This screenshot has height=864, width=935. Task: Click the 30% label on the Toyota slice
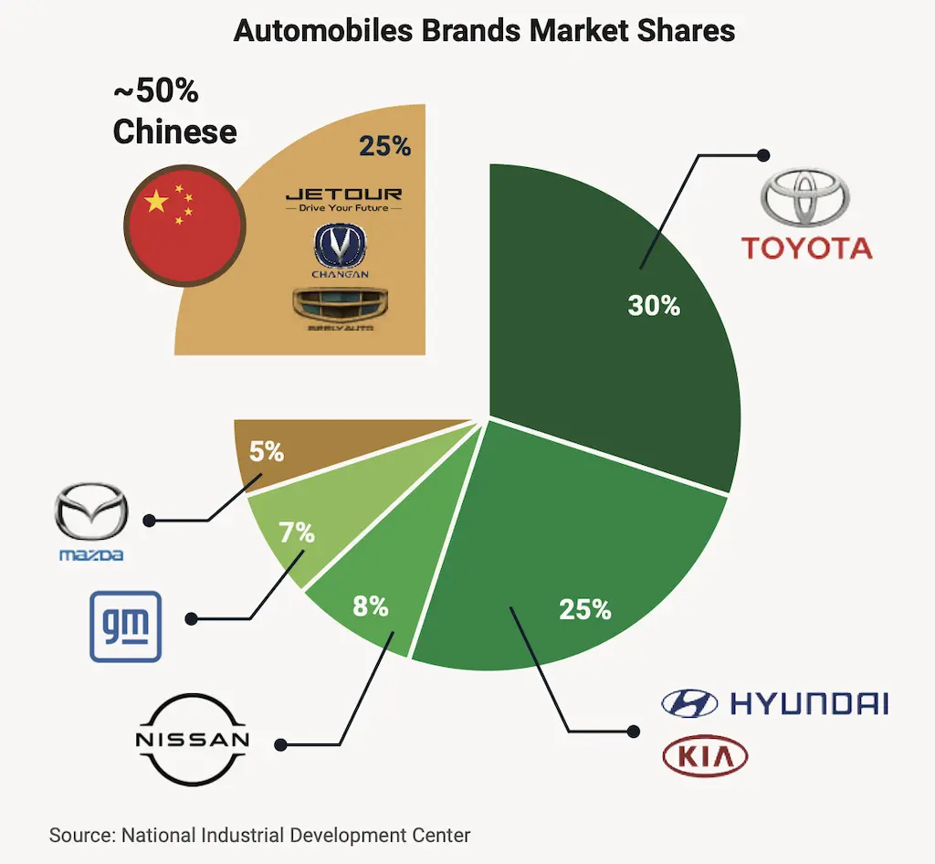click(654, 305)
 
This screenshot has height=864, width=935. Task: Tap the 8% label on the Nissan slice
click(372, 605)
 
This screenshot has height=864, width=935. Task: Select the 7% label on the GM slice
click(297, 533)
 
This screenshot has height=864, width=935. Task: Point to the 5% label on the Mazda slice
click(267, 451)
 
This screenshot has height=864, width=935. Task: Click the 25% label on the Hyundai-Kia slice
click(585, 608)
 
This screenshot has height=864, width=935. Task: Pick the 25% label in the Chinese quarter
click(384, 146)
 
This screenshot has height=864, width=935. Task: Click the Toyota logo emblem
click(806, 198)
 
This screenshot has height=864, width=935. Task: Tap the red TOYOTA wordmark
click(806, 248)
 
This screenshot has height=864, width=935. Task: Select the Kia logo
click(705, 757)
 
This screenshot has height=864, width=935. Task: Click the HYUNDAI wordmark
click(809, 703)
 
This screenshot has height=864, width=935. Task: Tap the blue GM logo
click(125, 626)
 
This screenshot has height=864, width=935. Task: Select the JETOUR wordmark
click(343, 195)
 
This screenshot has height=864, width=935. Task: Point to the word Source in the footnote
click(80, 835)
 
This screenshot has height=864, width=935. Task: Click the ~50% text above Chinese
click(156, 92)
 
